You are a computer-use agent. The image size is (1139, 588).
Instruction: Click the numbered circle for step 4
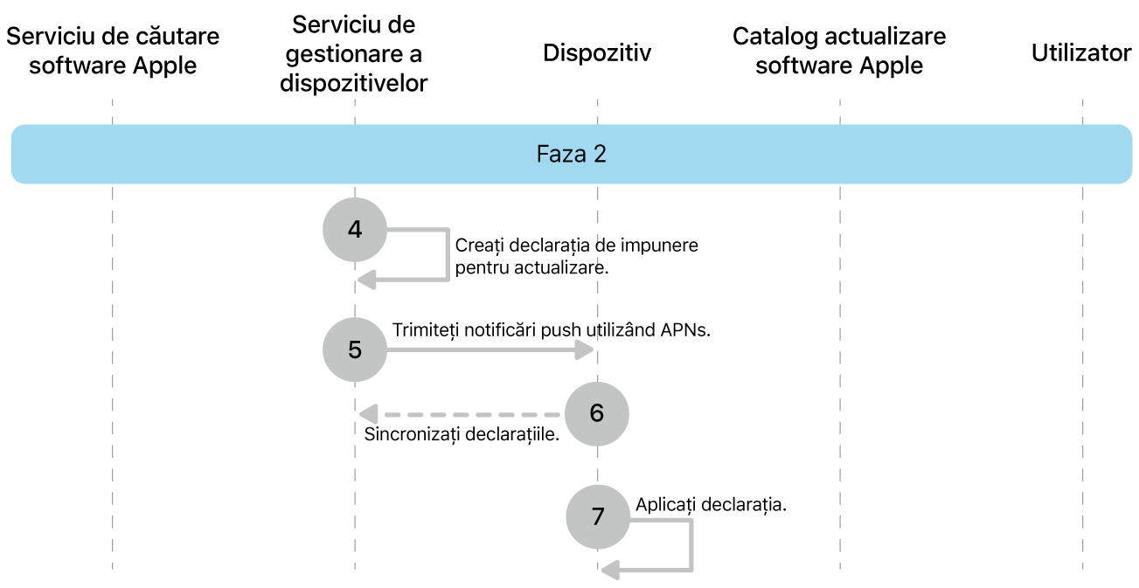[354, 230]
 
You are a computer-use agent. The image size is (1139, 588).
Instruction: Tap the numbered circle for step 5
[354, 349]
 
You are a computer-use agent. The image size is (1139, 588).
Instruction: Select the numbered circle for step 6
[597, 412]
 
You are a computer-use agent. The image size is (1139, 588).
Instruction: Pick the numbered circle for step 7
[598, 515]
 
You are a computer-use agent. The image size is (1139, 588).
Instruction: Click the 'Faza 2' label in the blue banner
[571, 155]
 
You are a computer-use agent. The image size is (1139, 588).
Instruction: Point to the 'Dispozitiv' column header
[597, 53]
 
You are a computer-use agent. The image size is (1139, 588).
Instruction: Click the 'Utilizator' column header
[1081, 53]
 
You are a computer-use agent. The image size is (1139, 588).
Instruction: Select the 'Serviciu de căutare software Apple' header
[113, 51]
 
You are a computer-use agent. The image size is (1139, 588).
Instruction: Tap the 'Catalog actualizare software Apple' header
[839, 51]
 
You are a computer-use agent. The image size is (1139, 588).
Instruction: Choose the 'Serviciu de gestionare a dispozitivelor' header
[354, 53]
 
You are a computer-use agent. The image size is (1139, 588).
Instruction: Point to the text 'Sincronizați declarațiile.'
[462, 434]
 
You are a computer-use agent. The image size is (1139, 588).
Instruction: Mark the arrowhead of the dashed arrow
[367, 412]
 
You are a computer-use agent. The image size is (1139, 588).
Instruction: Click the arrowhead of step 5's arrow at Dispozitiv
[585, 349]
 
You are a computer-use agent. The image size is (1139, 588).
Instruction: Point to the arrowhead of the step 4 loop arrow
[367, 279]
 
